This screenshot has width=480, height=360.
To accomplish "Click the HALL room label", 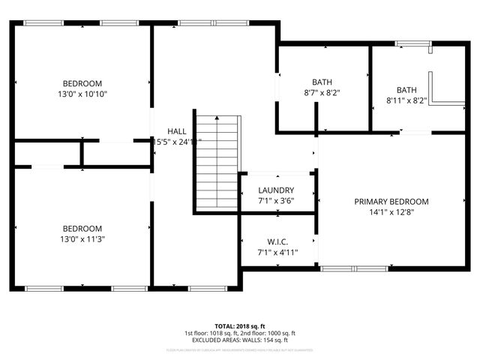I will point(177,130).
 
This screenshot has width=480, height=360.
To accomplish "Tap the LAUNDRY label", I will point(276,190).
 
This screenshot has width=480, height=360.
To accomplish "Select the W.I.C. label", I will point(277,241).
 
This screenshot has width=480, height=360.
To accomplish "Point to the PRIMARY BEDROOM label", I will point(391,202).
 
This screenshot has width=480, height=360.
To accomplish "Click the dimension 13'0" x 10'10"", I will point(82,94).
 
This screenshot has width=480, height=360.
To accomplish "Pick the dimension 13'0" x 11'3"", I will point(82,240).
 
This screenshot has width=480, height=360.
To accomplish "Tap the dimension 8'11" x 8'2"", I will point(406,100).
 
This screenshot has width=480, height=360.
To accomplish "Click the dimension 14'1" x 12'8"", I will point(391,212).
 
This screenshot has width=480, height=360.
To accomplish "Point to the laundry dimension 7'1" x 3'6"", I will point(276,201).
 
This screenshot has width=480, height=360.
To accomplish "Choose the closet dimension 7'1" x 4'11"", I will point(277,252).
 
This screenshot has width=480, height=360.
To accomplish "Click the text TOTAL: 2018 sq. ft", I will point(240,325).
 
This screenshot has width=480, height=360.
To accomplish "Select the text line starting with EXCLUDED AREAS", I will point(240,340).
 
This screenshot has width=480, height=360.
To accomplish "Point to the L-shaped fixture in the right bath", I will point(442,90).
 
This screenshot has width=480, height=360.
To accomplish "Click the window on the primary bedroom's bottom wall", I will point(354,268).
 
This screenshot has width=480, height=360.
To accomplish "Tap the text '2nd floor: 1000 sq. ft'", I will point(268,333).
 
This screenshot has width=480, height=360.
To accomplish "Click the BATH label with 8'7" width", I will point(322,82).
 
